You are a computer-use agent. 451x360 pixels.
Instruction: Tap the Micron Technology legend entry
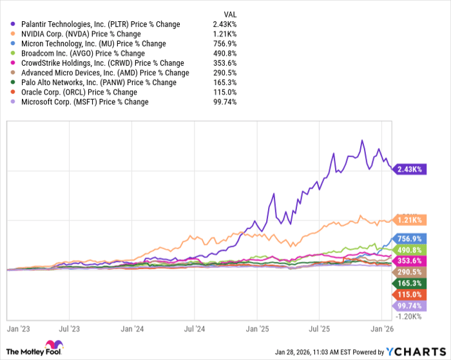(88, 43)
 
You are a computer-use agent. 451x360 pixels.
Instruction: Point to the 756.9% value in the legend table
(225, 43)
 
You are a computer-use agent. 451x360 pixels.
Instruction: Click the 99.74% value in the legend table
(225, 101)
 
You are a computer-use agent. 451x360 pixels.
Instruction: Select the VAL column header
(230, 14)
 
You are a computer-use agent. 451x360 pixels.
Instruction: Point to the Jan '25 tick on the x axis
(256, 328)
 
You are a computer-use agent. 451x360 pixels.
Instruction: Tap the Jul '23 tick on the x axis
(69, 328)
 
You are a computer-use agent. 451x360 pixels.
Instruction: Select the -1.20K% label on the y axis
(408, 316)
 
